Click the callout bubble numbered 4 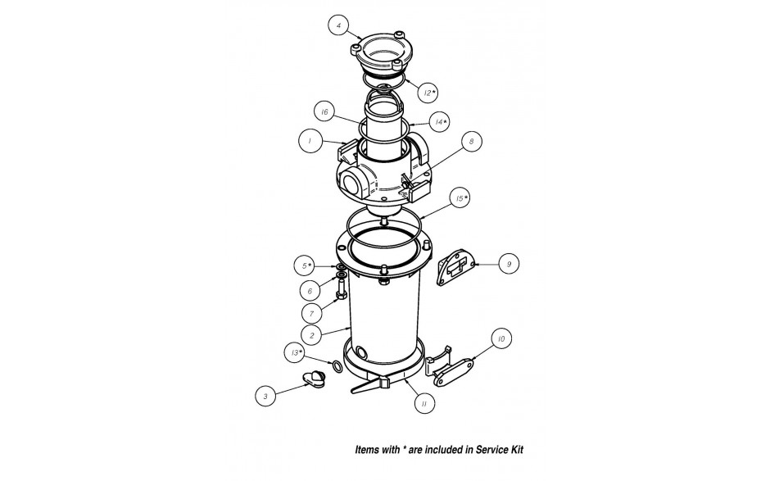pyautogui.click(x=339, y=25)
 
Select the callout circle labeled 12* pyautogui.click(x=428, y=93)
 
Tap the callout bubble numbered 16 pyautogui.click(x=324, y=112)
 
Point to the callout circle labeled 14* pyautogui.click(x=439, y=122)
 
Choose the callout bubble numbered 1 pyautogui.click(x=310, y=141)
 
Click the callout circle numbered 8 pyautogui.click(x=472, y=142)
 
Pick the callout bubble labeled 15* pyautogui.click(x=460, y=198)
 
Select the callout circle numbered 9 pyautogui.click(x=509, y=264)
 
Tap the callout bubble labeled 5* pyautogui.click(x=306, y=265)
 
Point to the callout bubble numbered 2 pyautogui.click(x=312, y=336)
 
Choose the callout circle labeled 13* pyautogui.click(x=295, y=352)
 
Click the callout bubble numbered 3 pyautogui.click(x=265, y=396)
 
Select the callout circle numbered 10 pyautogui.click(x=500, y=338)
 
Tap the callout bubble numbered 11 pyautogui.click(x=423, y=403)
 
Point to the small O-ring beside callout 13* pyautogui.click(x=337, y=366)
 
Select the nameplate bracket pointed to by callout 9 pyautogui.click(x=455, y=266)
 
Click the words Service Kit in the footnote pyautogui.click(x=500, y=450)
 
